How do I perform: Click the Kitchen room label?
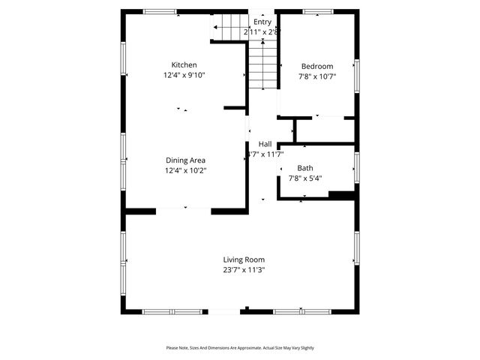click(184, 65)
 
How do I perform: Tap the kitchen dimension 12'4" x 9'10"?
click(184, 75)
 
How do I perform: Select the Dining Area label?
click(185, 160)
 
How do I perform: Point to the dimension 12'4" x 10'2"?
click(185, 170)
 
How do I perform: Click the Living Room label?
click(244, 259)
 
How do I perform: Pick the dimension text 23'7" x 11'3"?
click(244, 270)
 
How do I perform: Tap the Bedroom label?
click(317, 66)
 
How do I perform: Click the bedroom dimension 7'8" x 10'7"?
click(317, 76)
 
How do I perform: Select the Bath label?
click(305, 168)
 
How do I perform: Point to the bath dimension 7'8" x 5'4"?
click(305, 178)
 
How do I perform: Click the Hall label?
click(265, 144)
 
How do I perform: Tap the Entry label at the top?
click(262, 22)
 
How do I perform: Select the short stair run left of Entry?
click(228, 28)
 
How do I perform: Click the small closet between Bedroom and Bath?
click(324, 130)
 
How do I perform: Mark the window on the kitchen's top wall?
click(160, 11)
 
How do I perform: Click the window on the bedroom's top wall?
click(318, 11)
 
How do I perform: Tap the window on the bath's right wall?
click(357, 167)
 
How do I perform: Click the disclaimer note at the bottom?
click(240, 348)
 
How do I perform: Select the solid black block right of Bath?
click(341, 196)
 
